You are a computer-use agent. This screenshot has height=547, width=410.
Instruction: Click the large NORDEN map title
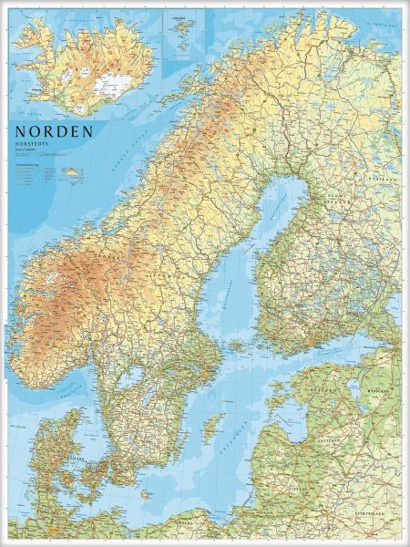(x=54, y=131)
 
